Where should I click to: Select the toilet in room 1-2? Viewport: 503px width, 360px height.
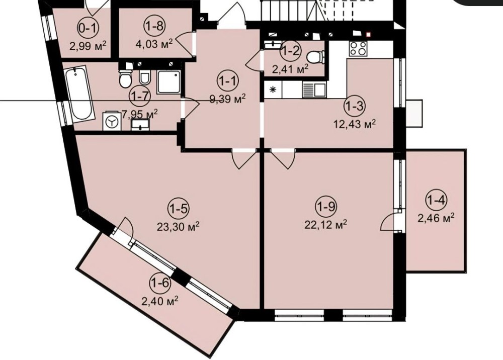click(x=314, y=58)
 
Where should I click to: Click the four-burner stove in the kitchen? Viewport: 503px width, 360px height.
click(x=358, y=49)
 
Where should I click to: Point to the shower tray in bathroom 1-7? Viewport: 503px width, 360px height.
click(x=168, y=82)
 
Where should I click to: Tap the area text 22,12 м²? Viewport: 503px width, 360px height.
click(x=325, y=224)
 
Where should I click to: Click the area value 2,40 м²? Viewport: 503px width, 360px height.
click(x=160, y=301)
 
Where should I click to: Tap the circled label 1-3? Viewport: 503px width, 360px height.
click(x=355, y=106)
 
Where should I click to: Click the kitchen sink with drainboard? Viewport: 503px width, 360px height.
click(x=314, y=89)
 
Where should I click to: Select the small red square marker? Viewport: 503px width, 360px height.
click(x=368, y=34)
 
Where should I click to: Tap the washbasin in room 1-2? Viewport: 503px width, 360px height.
click(x=273, y=45)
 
